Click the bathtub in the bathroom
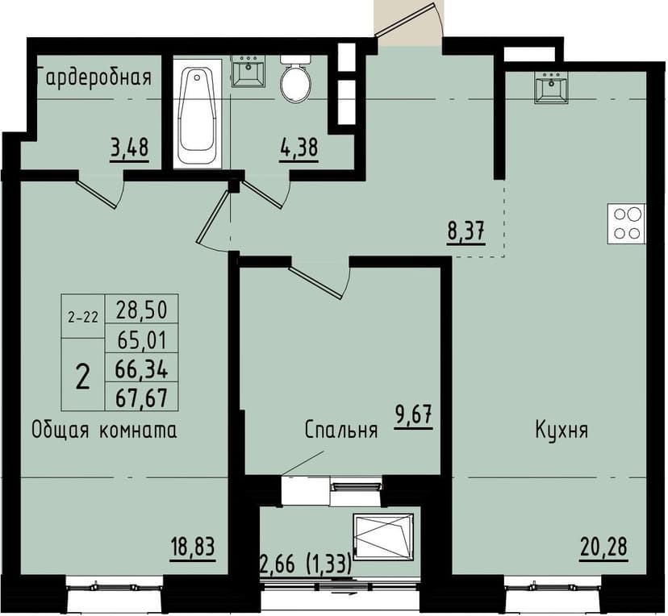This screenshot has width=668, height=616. coord(197,112)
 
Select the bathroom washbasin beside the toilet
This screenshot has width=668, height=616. coord(248,72)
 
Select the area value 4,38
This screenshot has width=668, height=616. coord(298,149)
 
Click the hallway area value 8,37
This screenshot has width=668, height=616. coord(466,233)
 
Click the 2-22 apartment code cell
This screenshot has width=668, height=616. coord(83,317)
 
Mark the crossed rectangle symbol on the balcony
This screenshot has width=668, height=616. coord(382,534)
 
